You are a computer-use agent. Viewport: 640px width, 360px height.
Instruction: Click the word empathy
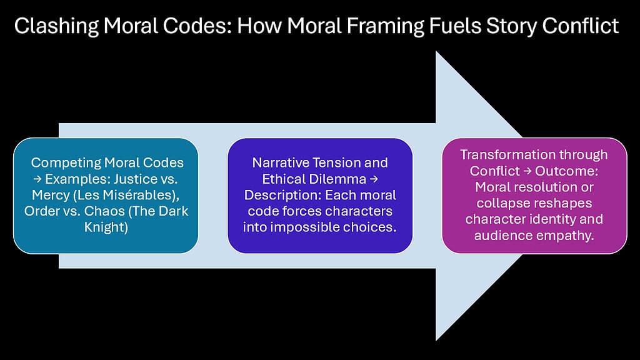click(x=566, y=236)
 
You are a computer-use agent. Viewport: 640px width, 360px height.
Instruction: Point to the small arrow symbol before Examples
click(x=36, y=179)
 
